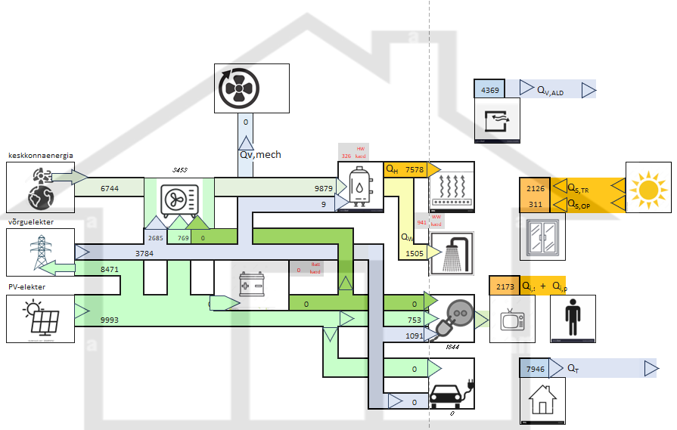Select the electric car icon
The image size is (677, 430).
(x=452, y=395)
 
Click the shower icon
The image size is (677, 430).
(x=452, y=253)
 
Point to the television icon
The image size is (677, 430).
(x=512, y=319)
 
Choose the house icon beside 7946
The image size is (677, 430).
(x=542, y=400)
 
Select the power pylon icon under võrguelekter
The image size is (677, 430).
(x=40, y=250)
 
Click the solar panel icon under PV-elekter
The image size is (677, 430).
(x=40, y=318)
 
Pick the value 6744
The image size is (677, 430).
(x=110, y=188)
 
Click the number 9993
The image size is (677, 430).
(x=110, y=320)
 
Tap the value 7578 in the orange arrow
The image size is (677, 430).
(x=414, y=170)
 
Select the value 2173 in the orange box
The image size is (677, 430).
(x=505, y=286)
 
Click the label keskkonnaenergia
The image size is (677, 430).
(x=41, y=155)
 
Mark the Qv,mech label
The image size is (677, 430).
(x=260, y=155)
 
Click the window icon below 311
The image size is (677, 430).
(x=542, y=236)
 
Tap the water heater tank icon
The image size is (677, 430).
(x=359, y=185)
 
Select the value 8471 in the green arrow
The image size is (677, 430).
(x=110, y=268)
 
